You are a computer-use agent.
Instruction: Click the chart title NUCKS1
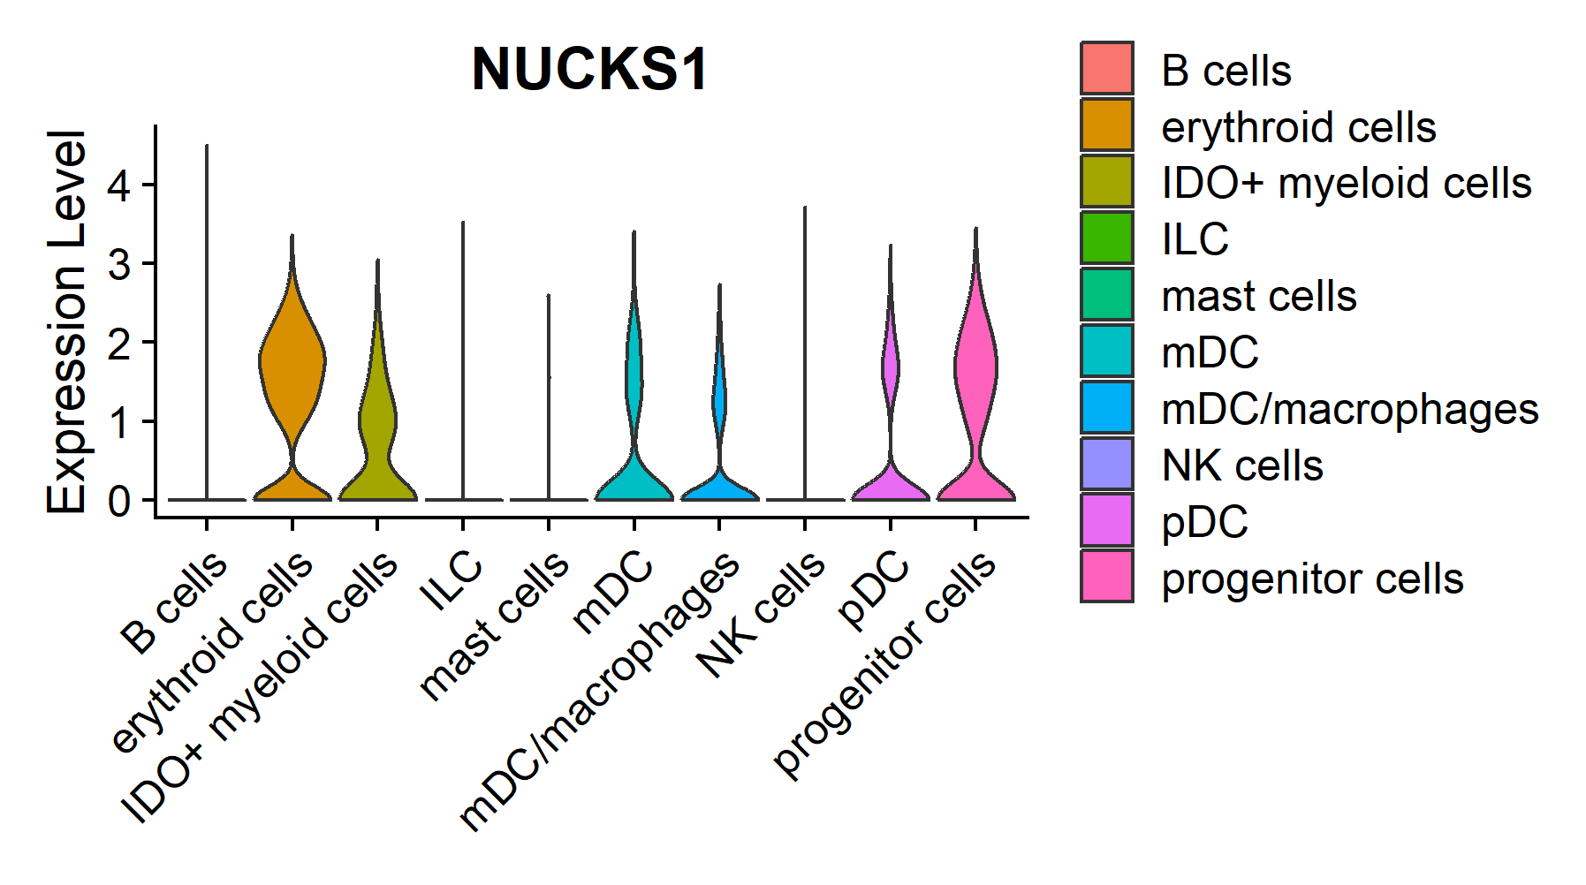589,69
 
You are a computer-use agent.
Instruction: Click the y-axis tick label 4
119,185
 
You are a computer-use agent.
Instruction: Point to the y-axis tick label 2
119,343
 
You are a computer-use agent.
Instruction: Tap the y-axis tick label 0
119,501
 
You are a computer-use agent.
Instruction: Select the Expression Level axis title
67,321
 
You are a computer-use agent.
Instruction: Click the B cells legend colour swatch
1106,69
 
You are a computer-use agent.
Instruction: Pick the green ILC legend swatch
1106,238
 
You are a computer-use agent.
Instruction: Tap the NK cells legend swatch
1106,464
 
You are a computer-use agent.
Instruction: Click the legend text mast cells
1258,296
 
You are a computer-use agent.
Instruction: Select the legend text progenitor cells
1312,579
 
